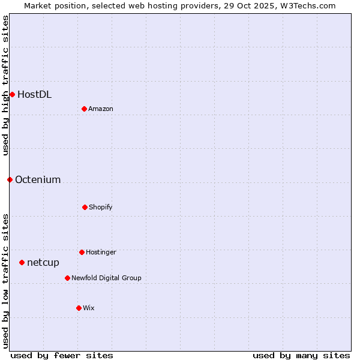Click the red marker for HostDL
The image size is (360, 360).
pyautogui.click(x=12, y=94)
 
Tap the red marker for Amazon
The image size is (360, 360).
pyautogui.click(x=84, y=109)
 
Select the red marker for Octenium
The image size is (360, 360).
pyautogui.click(x=10, y=179)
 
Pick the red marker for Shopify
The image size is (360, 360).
pyautogui.click(x=85, y=207)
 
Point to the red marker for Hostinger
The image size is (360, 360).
pyautogui.click(x=82, y=252)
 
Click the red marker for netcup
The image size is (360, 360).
pyautogui.click(x=22, y=262)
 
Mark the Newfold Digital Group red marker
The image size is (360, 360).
pyautogui.click(x=67, y=278)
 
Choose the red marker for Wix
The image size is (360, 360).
pyautogui.click(x=79, y=308)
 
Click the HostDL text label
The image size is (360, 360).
pyautogui.click(x=34, y=94)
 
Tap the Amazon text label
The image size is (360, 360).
pyautogui.click(x=101, y=109)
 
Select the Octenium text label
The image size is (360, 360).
pyautogui.click(x=38, y=180)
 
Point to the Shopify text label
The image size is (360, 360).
pyautogui.click(x=101, y=208)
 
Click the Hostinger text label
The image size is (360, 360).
pyautogui.click(x=101, y=253)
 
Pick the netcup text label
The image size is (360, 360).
pyautogui.click(x=43, y=263)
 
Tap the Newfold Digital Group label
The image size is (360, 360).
pyautogui.click(x=106, y=278)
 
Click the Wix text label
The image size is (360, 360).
pyautogui.click(x=89, y=308)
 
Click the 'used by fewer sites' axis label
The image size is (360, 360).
pyautogui.click(x=62, y=355)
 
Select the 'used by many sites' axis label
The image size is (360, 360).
pyautogui.click(x=301, y=355)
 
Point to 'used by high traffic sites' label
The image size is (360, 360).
pyautogui.click(x=5, y=85)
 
